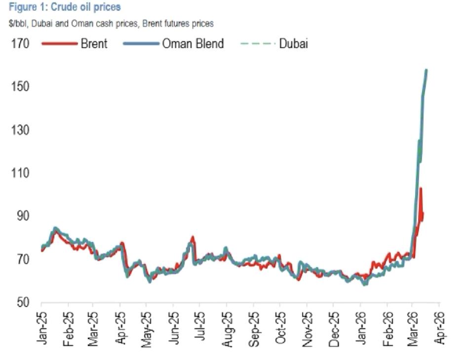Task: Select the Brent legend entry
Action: coord(94,43)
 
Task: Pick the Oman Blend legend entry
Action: coord(193,43)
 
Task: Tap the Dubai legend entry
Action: coord(293,43)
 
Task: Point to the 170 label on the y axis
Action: coord(20,44)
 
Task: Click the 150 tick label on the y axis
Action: coord(20,87)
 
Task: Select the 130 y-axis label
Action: coord(20,130)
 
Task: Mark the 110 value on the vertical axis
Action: coord(20,173)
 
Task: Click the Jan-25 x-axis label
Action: coord(42,327)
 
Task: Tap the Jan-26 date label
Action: coord(361,327)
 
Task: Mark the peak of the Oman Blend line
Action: coord(426,71)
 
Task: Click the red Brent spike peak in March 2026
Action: coord(421,188)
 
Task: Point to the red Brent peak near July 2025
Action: coord(193,237)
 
